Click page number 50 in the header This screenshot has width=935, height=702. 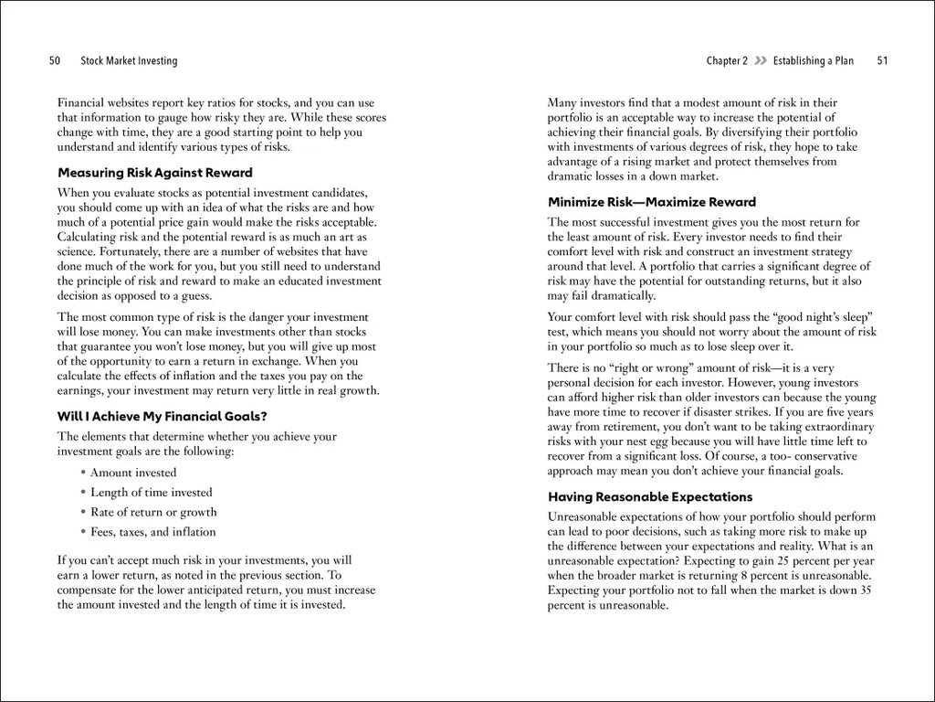(x=55, y=61)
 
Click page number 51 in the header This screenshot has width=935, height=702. (x=882, y=61)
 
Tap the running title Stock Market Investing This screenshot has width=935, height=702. (x=129, y=61)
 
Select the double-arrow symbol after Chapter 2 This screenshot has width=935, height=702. (x=760, y=61)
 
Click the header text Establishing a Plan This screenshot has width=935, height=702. (x=813, y=61)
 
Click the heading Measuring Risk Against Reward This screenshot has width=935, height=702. (x=155, y=173)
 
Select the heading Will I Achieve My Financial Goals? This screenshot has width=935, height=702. (x=162, y=417)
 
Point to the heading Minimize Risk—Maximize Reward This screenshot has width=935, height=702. (x=652, y=202)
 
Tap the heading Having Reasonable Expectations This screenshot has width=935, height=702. (x=650, y=497)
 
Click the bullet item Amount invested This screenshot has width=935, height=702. (x=133, y=473)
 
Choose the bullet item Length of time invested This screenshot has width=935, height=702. (x=152, y=493)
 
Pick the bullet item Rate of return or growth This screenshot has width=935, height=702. (x=153, y=512)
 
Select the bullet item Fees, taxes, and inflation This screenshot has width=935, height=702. (x=152, y=532)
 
